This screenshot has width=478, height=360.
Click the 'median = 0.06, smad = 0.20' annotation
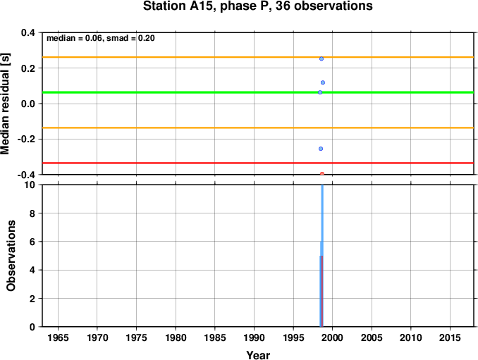point(101,38)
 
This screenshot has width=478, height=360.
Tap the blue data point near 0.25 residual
point(321,58)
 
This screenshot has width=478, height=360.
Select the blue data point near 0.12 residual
point(323,82)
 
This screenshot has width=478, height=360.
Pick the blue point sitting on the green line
point(320,92)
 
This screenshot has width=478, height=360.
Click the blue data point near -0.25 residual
point(321,149)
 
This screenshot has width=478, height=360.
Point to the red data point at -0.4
point(322,173)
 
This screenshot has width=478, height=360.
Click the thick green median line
point(258,92)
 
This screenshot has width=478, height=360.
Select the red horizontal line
point(258,163)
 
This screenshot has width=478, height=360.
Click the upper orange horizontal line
point(258,57)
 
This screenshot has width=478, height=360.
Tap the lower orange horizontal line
point(258,128)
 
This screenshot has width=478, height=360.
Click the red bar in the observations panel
point(322,291)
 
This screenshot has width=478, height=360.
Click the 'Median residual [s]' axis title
point(5,104)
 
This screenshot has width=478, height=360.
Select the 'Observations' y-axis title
point(11,256)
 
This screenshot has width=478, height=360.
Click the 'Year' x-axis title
point(258,355)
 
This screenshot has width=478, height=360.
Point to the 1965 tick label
point(58,337)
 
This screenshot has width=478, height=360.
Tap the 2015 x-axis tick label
point(450,337)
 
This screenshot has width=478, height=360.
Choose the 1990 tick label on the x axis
point(254,337)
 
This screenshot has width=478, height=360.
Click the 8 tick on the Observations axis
point(32,213)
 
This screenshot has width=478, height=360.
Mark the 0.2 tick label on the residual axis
point(27,68)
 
